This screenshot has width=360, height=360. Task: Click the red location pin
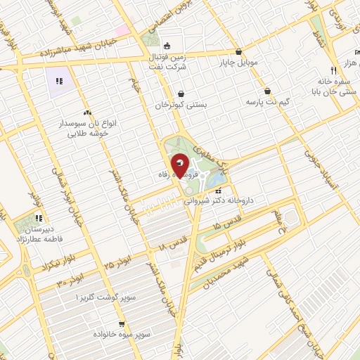point(180,166)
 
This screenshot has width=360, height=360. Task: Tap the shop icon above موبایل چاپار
point(240,51)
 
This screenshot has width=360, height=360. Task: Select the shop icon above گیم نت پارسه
point(268,91)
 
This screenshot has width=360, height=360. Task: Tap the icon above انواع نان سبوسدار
point(88,112)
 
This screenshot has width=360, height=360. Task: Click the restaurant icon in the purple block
point(60,82)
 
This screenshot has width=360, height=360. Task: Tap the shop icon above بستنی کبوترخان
point(182,94)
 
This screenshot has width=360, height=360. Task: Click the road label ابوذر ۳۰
point(69,278)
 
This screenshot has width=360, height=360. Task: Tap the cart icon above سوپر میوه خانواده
point(122,325)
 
